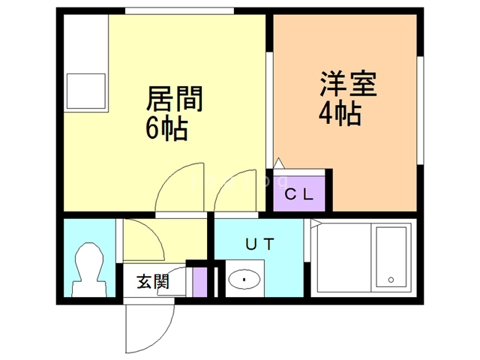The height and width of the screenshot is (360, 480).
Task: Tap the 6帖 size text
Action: pos(166,128)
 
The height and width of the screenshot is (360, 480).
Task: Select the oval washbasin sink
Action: pos(243,280)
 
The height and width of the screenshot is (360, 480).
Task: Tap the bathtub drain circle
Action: pos(391,280)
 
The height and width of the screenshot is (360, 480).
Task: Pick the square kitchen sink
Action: pos(85,90)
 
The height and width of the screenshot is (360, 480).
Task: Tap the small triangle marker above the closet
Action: pos(278,162)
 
